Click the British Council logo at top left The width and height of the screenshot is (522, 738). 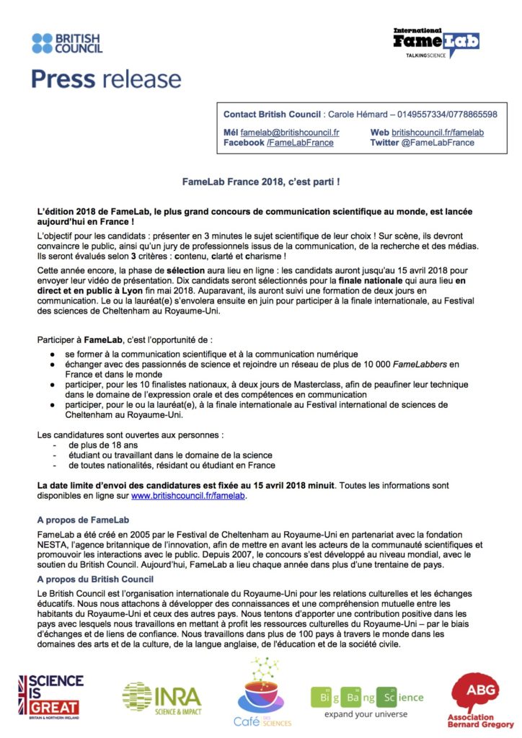click(67, 43)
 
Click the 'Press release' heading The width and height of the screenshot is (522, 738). click(106, 79)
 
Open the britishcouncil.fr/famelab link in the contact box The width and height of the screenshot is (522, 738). click(437, 133)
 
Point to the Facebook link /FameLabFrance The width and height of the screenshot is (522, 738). click(300, 143)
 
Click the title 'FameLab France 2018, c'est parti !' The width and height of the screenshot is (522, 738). click(260, 183)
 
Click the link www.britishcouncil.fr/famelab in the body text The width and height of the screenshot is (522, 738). click(188, 496)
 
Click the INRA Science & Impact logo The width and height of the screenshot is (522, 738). click(162, 696)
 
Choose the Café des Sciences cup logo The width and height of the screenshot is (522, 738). click(260, 693)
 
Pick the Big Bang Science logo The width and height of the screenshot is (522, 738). click(367, 700)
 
